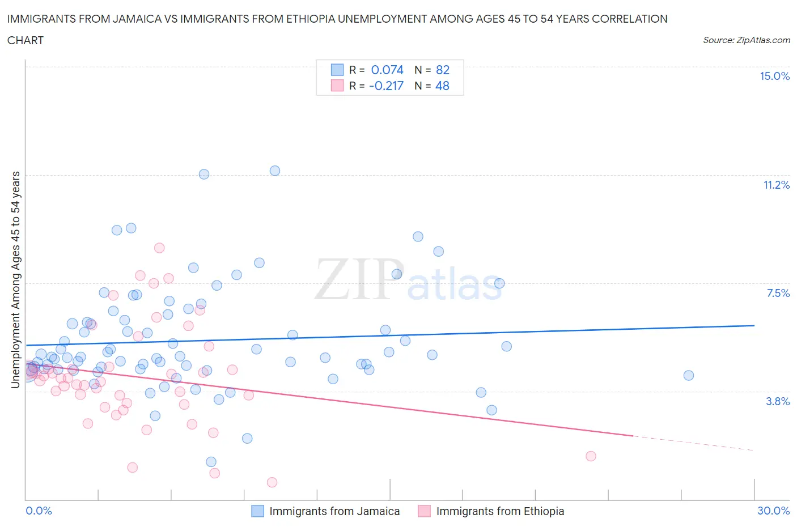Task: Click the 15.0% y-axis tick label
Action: pyautogui.click(x=774, y=76)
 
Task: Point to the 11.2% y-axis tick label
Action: pyautogui.click(x=776, y=185)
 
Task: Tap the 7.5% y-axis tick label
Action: pyautogui.click(x=778, y=293)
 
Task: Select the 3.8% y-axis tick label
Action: pyautogui.click(x=778, y=401)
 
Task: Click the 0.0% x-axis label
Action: pyautogui.click(x=39, y=511)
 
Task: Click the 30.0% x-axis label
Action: pyautogui.click(x=773, y=511)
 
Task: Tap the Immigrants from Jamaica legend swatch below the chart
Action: pyautogui.click(x=257, y=511)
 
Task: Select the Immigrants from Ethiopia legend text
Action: pyautogui.click(x=500, y=511)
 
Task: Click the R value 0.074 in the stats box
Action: pyautogui.click(x=387, y=70)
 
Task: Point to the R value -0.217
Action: pyautogui.click(x=386, y=86)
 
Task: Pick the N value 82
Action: pyautogui.click(x=443, y=70)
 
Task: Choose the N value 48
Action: pyautogui.click(x=442, y=86)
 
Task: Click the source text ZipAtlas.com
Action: pyautogui.click(x=746, y=40)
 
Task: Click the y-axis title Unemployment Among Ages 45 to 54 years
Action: pyautogui.click(x=15, y=280)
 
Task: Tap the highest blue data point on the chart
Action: pyautogui.click(x=275, y=171)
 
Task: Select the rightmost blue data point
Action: pyautogui.click(x=689, y=375)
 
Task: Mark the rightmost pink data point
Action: pyautogui.click(x=591, y=456)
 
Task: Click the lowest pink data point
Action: pyautogui.click(x=272, y=482)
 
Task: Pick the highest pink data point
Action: pyautogui.click(x=159, y=248)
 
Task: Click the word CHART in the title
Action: pyautogui.click(x=26, y=40)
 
